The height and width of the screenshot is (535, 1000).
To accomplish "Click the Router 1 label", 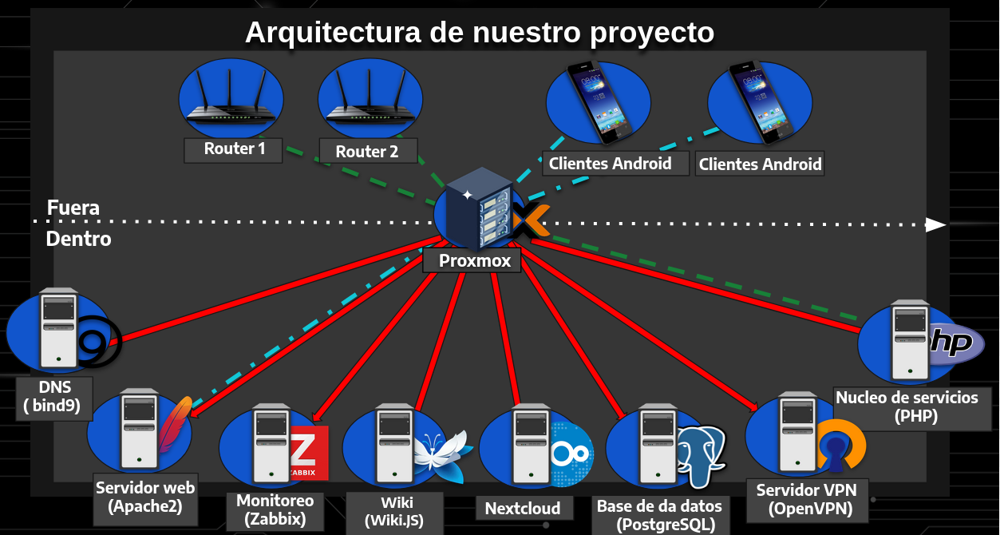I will pos(233,149).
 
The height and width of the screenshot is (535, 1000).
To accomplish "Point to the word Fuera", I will pos(73,208).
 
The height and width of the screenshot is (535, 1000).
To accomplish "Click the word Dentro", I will pos(78,239).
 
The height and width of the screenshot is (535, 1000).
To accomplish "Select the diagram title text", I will pos(479,33).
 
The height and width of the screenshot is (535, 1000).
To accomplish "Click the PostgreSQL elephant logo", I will pos(702,454).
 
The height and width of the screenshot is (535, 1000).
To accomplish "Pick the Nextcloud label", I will pos(523,508).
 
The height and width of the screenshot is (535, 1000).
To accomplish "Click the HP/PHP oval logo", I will pos(955,344).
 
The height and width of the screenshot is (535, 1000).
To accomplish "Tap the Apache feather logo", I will pos(176,423).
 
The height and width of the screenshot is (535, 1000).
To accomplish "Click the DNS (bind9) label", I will pos(53,397).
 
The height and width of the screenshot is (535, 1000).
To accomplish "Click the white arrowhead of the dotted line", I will pos(936,225).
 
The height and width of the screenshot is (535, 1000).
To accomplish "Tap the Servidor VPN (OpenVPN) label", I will pos(804,499).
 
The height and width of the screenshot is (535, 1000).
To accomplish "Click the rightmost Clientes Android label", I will pos(760,164).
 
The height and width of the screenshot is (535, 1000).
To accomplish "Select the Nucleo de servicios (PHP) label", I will pos(907,406).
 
